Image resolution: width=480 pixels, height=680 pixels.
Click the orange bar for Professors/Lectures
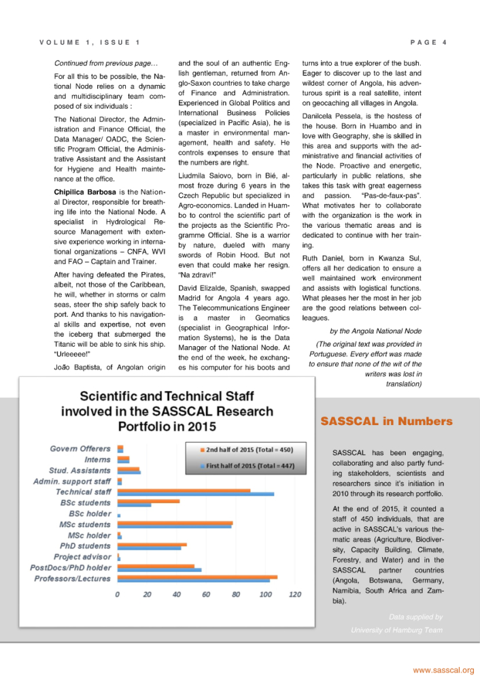coord(197,577)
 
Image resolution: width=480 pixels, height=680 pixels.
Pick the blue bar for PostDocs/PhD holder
coord(159,570)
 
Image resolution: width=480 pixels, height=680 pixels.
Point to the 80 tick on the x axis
coord(236,595)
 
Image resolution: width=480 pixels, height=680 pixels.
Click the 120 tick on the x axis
coord(295,595)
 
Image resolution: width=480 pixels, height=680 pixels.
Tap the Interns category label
coord(98,460)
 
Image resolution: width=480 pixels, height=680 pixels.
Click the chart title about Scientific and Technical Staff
coord(167,411)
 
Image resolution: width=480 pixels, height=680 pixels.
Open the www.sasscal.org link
coord(443,670)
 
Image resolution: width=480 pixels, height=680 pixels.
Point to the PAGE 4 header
coord(428,43)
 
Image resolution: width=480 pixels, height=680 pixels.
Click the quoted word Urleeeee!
coord(73,353)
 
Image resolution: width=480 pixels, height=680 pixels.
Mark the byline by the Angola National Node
coord(375,331)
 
